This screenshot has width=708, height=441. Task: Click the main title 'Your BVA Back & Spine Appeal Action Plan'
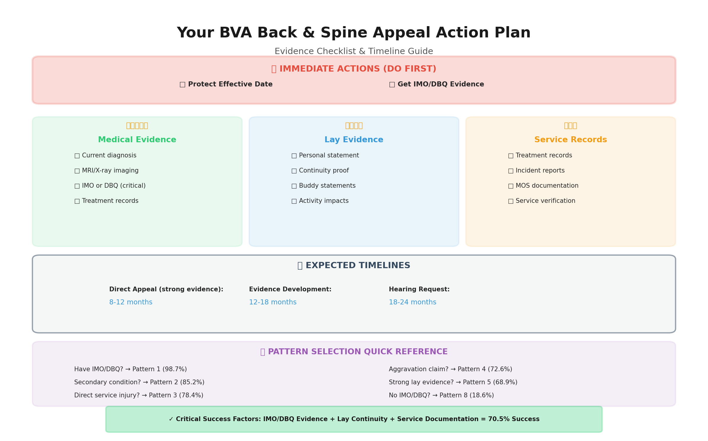pyautogui.click(x=354, y=33)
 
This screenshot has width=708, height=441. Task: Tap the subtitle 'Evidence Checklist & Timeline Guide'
pyautogui.click(x=354, y=51)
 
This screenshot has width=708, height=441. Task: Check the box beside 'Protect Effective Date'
pyautogui.click(x=183, y=85)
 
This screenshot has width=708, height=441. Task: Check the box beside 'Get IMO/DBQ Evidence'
pyautogui.click(x=392, y=85)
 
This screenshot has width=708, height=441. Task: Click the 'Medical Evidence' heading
pyautogui.click(x=137, y=140)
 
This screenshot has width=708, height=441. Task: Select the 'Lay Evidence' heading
pyautogui.click(x=354, y=140)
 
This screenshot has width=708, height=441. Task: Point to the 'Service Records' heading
pyautogui.click(x=570, y=140)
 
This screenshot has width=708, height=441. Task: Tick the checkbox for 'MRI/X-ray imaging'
pyautogui.click(x=77, y=171)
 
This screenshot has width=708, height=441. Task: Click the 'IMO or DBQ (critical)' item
pyautogui.click(x=113, y=186)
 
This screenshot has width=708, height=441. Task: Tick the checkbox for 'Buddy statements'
pyautogui.click(x=294, y=186)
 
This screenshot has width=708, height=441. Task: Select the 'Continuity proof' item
pyautogui.click(x=324, y=171)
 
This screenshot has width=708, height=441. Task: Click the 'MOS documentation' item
pyautogui.click(x=547, y=186)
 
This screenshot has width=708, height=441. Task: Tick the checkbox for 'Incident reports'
pyautogui.click(x=511, y=171)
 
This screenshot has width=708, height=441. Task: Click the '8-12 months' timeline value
pyautogui.click(x=131, y=302)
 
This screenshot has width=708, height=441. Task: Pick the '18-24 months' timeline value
pyautogui.click(x=412, y=302)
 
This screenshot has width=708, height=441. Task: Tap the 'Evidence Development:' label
pyautogui.click(x=290, y=289)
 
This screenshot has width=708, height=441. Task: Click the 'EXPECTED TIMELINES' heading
pyautogui.click(x=357, y=265)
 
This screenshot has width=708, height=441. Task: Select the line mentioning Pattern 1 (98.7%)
pyautogui.click(x=130, y=369)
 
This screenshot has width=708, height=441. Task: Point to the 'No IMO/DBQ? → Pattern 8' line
pyautogui.click(x=441, y=395)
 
